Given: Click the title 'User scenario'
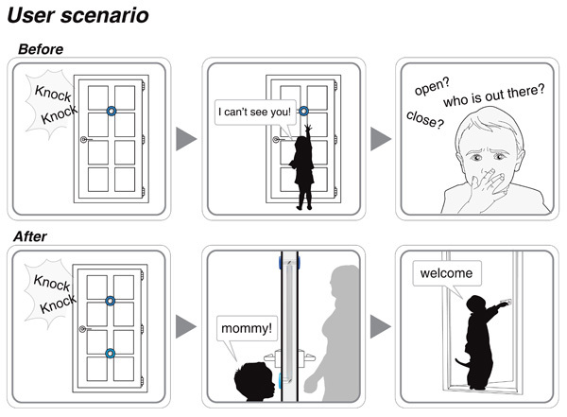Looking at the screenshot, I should click(81, 16).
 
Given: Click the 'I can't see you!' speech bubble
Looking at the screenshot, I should click(252, 113).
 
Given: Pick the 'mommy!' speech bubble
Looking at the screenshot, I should click(246, 329).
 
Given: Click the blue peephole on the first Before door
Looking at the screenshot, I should click(111, 111).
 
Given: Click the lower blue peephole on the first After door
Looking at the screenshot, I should click(111, 354).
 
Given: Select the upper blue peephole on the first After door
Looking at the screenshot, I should click(111, 302).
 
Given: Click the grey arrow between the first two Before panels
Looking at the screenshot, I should click(187, 139).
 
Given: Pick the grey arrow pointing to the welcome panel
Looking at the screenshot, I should click(380, 327).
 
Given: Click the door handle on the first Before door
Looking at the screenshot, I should click(85, 142).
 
